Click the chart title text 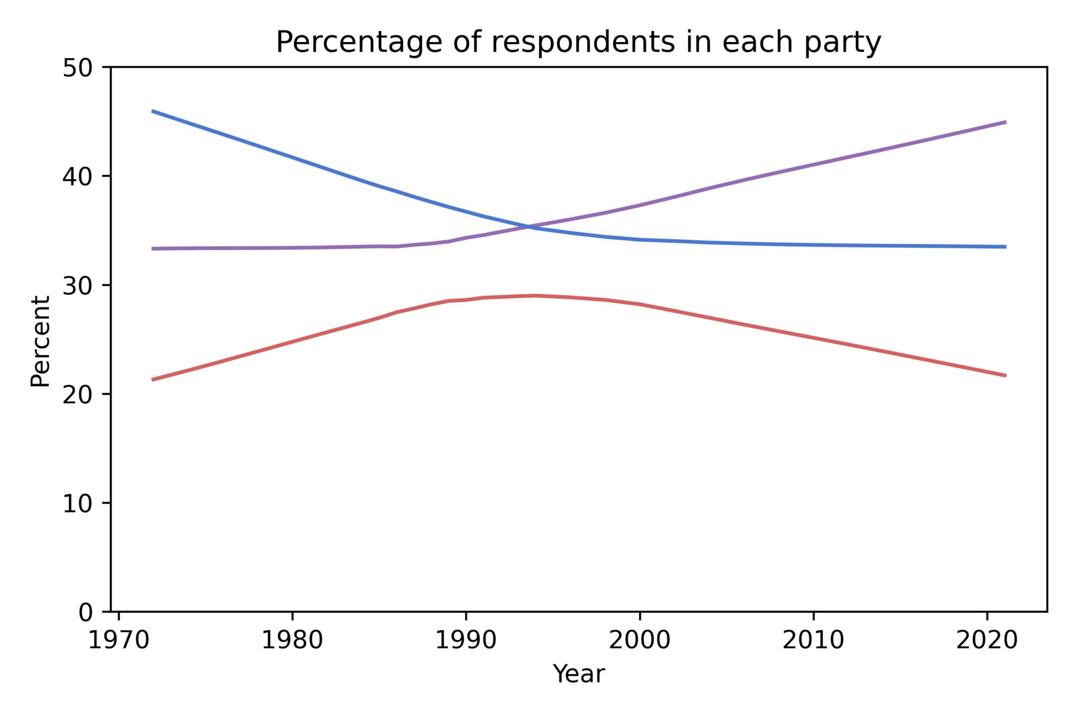click(578, 42)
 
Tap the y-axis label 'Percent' click(40, 341)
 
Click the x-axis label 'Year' click(578, 674)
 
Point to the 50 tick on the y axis click(77, 68)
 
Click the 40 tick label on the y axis click(77, 177)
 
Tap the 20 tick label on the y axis click(77, 394)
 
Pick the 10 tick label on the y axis click(77, 504)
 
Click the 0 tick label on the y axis click(84, 612)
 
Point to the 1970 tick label click(119, 640)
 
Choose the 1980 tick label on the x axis click(292, 640)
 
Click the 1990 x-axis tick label click(466, 640)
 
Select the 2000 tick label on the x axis click(639, 640)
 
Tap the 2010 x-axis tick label click(813, 640)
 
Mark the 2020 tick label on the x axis click(986, 640)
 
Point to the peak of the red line click(535, 295)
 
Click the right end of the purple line click(1005, 122)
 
